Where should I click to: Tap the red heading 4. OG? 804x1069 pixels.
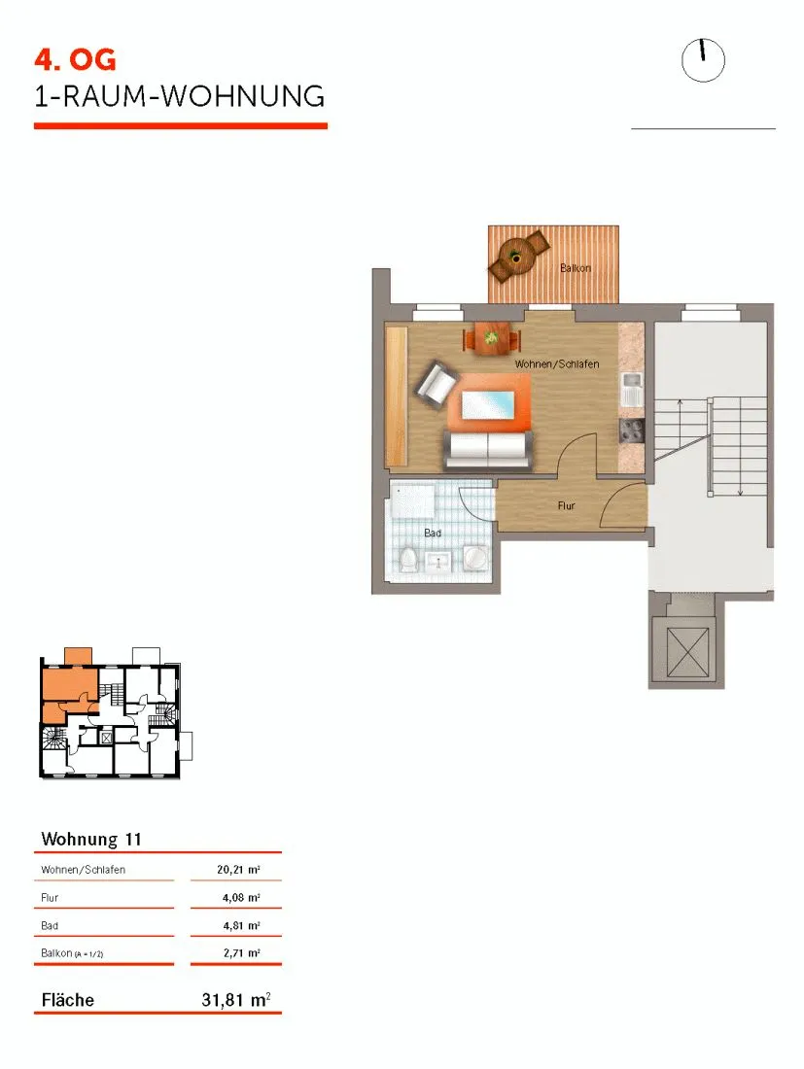pyautogui.click(x=75, y=60)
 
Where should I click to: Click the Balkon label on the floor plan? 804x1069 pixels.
pyautogui.click(x=576, y=268)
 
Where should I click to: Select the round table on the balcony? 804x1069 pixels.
pyautogui.click(x=516, y=257)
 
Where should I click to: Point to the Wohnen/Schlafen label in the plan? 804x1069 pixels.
pyautogui.click(x=557, y=364)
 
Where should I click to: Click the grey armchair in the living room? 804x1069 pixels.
pyautogui.click(x=437, y=384)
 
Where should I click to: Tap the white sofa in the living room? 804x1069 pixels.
pyautogui.click(x=488, y=450)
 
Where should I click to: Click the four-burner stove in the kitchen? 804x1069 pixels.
pyautogui.click(x=632, y=431)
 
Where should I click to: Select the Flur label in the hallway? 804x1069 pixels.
pyautogui.click(x=566, y=506)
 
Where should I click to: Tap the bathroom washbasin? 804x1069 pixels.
pyautogui.click(x=437, y=562)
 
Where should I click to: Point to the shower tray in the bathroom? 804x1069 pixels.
pyautogui.click(x=412, y=500)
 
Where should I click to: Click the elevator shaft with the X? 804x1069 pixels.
pyautogui.click(x=686, y=650)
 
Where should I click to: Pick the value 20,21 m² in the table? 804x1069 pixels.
pyautogui.click(x=238, y=869)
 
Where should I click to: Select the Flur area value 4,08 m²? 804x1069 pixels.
pyautogui.click(x=241, y=897)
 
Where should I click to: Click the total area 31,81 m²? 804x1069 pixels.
pyautogui.click(x=236, y=999)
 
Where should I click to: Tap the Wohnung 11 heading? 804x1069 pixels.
pyautogui.click(x=90, y=839)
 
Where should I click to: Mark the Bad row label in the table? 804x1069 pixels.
pyautogui.click(x=50, y=925)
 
